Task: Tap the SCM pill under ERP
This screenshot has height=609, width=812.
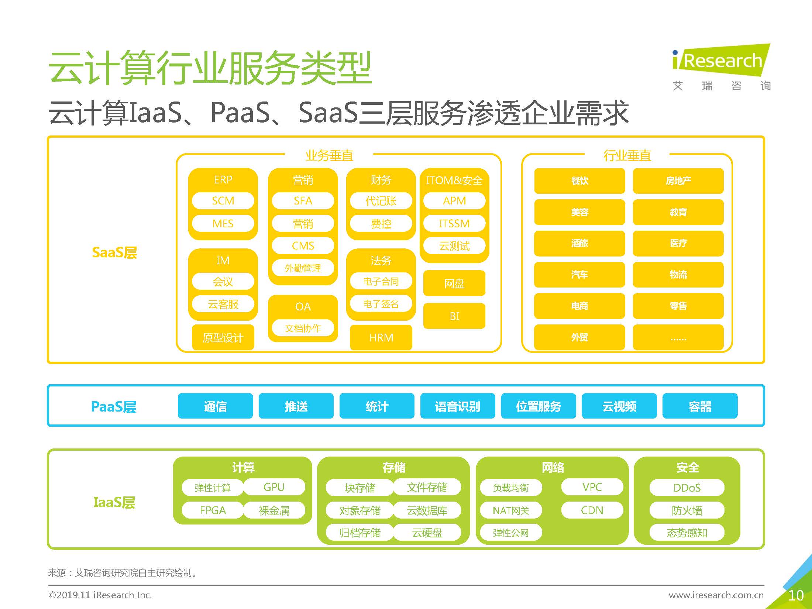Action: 223,201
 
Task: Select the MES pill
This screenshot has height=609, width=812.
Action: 223,224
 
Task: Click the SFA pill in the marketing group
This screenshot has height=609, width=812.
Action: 303,201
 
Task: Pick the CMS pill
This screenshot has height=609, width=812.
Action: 303,246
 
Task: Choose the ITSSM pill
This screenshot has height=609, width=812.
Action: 454,224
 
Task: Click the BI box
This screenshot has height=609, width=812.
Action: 454,316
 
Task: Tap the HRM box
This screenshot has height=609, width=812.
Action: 381,338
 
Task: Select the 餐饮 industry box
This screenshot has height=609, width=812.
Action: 579,181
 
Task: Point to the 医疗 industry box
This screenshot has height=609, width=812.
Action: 678,244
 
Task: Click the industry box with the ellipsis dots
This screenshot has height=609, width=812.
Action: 678,338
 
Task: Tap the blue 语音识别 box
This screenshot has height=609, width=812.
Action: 458,406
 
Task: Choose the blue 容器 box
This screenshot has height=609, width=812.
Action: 700,406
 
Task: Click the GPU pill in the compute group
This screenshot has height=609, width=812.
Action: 274,487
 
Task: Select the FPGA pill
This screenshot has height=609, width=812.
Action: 213,510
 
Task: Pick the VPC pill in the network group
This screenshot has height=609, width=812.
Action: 592,487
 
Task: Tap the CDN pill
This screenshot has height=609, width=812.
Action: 592,510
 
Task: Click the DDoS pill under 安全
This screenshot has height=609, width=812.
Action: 687,488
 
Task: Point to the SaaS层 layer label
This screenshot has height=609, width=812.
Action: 114,253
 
